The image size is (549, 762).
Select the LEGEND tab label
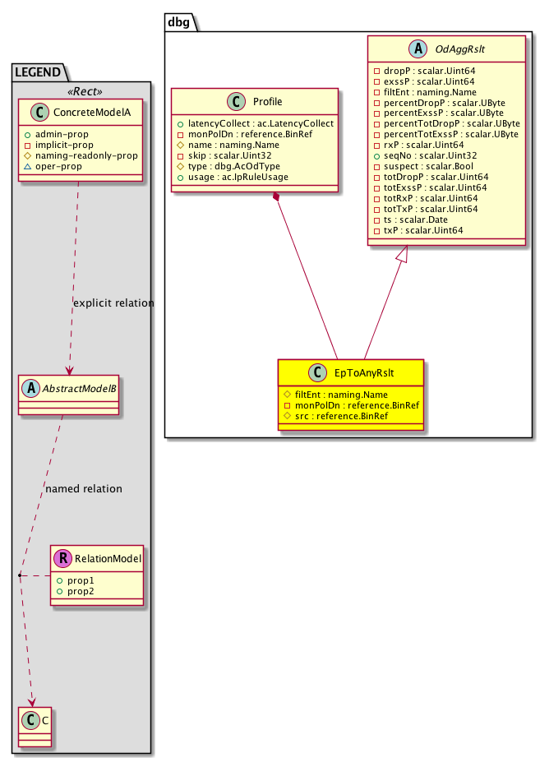pyautogui.click(x=39, y=72)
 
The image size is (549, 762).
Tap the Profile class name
pyautogui.click(x=263, y=102)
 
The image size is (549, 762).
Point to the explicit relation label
pyautogui.click(x=113, y=302)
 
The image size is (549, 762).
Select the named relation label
pyautogui.click(x=84, y=488)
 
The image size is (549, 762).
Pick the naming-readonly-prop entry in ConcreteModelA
pyautogui.click(x=92, y=155)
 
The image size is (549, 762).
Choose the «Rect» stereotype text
pyautogui.click(x=80, y=91)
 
